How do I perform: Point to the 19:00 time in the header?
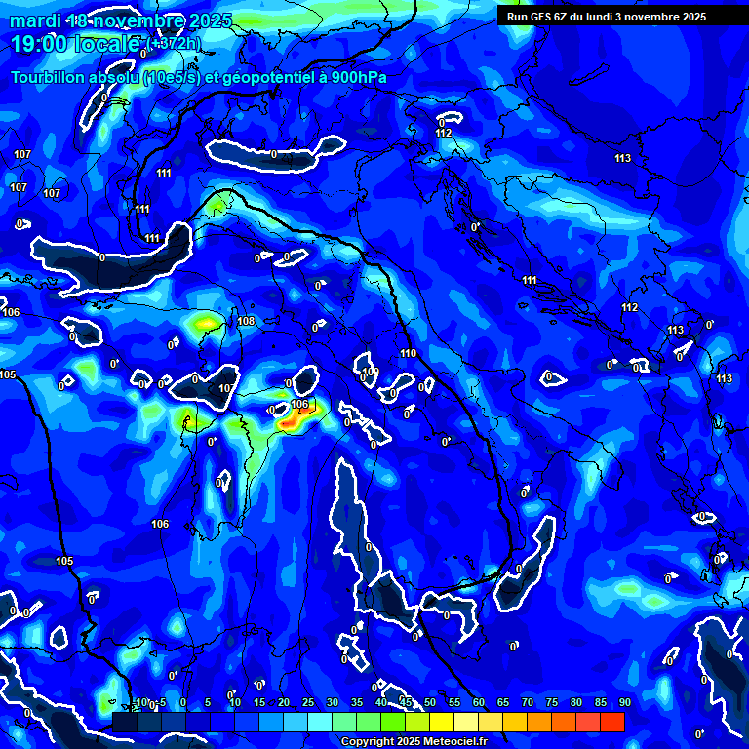37,44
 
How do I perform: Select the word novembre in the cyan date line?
138,20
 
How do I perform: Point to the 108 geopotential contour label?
246,321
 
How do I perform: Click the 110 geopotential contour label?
408,353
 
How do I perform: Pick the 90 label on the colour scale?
624,702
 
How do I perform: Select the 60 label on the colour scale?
478,702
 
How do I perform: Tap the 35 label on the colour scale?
356,702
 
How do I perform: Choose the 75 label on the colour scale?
551,702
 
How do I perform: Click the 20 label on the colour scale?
283,702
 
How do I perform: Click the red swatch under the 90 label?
611,722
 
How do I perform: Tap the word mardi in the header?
29,20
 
